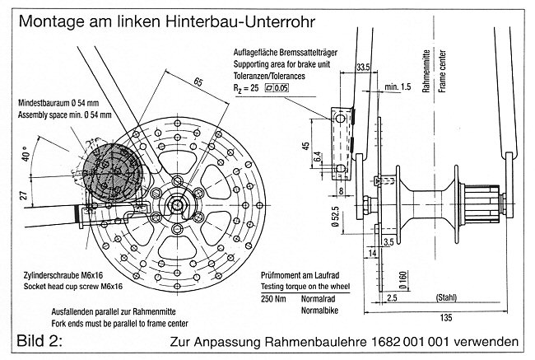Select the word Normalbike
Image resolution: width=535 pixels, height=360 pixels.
point(324,309)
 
